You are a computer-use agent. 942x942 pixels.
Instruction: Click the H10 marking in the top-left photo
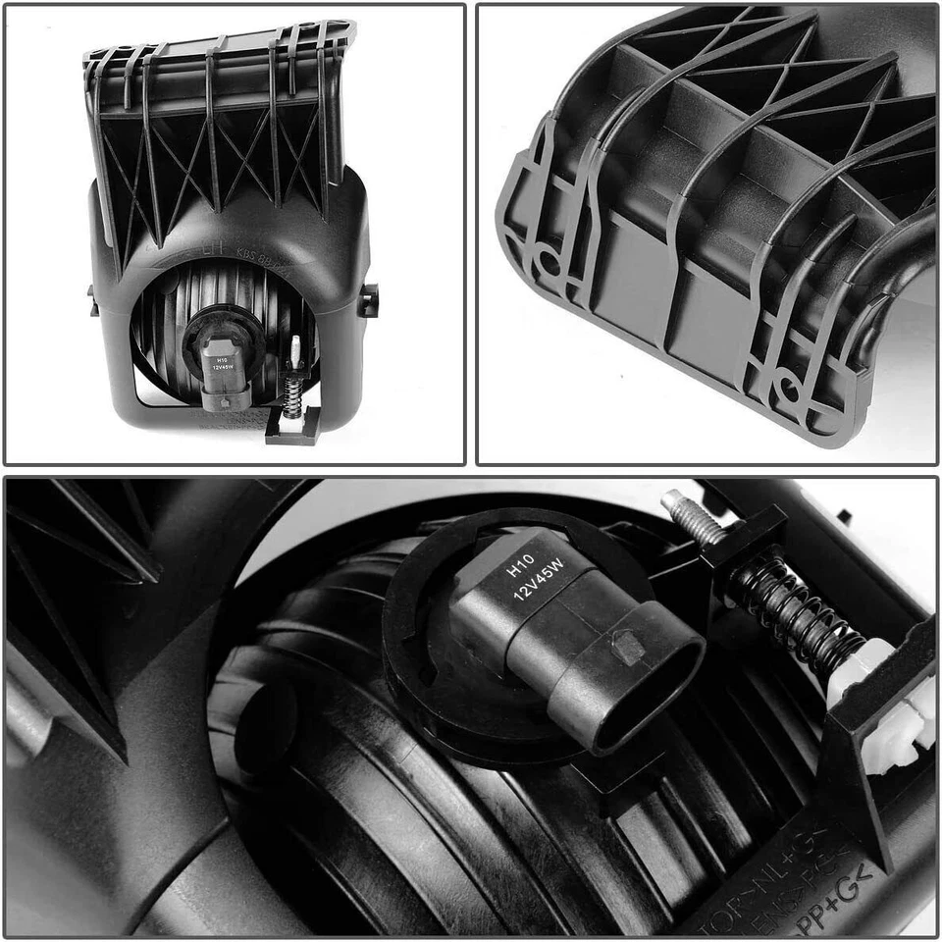point(220,360)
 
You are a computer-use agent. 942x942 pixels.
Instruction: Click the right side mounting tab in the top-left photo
point(368,299)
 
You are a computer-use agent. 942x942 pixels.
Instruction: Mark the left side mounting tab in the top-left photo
point(93,299)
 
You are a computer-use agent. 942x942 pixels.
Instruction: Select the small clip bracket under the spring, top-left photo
point(291,429)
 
